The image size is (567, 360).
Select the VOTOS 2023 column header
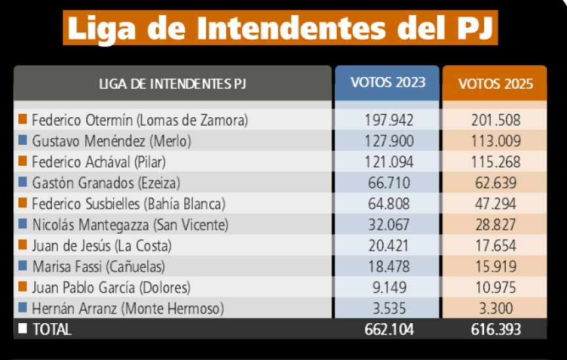point(387,83)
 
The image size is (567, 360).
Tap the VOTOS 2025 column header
point(495,84)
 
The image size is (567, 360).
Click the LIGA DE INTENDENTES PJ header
point(173,84)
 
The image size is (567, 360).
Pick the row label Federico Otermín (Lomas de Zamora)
point(139,120)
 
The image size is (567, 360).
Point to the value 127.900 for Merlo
point(389,141)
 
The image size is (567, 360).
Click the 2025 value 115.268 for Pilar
point(495,162)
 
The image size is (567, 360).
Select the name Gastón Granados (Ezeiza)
point(106,183)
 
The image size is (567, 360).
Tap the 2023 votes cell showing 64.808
point(389,204)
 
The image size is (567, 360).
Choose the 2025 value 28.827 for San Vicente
point(495,225)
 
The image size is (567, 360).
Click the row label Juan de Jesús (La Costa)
point(101,246)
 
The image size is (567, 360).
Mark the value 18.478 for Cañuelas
point(389,267)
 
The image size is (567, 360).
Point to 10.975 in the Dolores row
point(495,288)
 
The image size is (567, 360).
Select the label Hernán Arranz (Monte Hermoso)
point(128,309)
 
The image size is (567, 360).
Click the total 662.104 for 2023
point(389,330)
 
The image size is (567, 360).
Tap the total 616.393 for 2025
point(495,330)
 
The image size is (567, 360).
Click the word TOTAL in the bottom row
point(52,329)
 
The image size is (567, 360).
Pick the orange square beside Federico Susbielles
point(23,203)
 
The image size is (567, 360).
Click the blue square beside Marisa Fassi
point(23,266)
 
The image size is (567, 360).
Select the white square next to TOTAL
point(23,328)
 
